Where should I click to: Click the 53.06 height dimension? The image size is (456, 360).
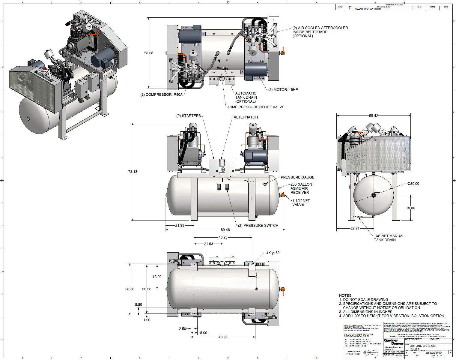pyautogui.click(x=148, y=53)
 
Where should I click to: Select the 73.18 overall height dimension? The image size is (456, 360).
pyautogui.click(x=133, y=172)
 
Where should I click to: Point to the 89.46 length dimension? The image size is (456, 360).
pyautogui.click(x=225, y=230)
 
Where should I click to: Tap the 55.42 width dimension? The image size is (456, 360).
pyautogui.click(x=374, y=116)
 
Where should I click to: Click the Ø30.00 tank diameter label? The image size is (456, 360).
pyautogui.click(x=413, y=184)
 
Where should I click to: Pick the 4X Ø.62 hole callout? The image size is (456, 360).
pyautogui.click(x=273, y=253)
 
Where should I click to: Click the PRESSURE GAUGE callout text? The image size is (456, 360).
pyautogui.click(x=297, y=177)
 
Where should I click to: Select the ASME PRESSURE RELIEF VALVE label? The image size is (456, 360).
pyautogui.click(x=256, y=107)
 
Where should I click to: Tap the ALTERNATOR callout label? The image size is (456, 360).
pyautogui.click(x=246, y=117)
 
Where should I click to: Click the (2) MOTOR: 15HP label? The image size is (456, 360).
pyautogui.click(x=283, y=90)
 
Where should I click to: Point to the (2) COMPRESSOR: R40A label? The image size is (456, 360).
pyautogui.click(x=161, y=94)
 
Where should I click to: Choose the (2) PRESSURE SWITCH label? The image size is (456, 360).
pyautogui.click(x=258, y=226)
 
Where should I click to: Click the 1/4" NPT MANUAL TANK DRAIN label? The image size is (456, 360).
pyautogui.click(x=389, y=238)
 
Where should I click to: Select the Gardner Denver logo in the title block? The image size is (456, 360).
pyautogui.click(x=394, y=342)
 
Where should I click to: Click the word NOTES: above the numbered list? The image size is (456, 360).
pyautogui.click(x=346, y=295)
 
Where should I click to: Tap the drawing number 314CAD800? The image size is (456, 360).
pyautogui.click(x=434, y=353)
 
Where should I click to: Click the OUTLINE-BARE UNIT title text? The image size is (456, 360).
pyautogui.click(x=423, y=346)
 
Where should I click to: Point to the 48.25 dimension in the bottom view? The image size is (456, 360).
pyautogui.click(x=223, y=337)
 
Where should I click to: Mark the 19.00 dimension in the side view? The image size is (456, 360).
pyautogui.click(x=410, y=208)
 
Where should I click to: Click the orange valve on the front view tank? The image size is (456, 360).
pyautogui.click(x=283, y=195)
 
